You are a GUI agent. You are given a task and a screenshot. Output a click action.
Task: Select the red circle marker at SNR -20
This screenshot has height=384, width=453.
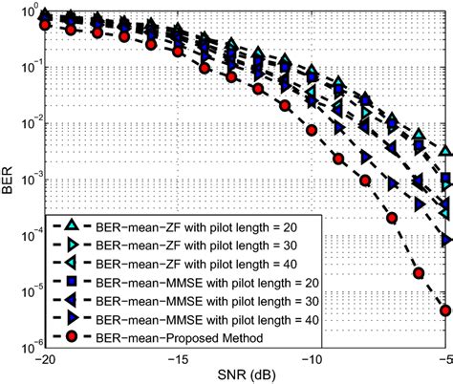[44, 25]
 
